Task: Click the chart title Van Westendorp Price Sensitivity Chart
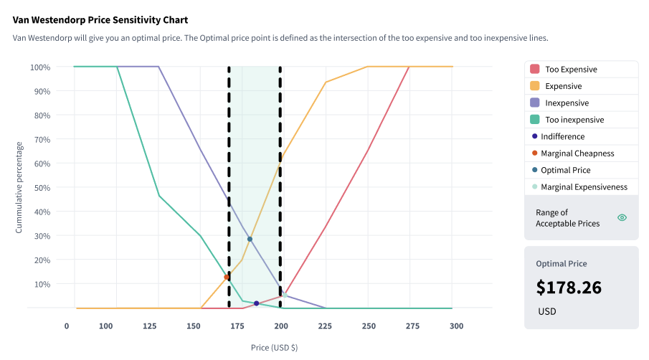(105, 20)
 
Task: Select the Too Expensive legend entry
(571, 70)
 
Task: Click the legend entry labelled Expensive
(563, 86)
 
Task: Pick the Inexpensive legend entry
(567, 103)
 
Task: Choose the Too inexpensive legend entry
(574, 120)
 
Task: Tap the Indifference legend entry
(562, 136)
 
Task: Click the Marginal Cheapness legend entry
(577, 153)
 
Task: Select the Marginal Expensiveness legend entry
(584, 187)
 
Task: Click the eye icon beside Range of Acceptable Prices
(622, 217)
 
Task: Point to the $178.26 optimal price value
(569, 288)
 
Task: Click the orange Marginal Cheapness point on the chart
(227, 277)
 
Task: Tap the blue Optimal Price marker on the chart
(250, 239)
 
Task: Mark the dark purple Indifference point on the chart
(256, 303)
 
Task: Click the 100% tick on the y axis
(40, 67)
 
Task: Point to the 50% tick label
(40, 188)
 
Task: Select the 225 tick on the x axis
(325, 326)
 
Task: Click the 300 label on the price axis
(456, 326)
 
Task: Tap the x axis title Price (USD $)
(274, 348)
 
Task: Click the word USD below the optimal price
(546, 312)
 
